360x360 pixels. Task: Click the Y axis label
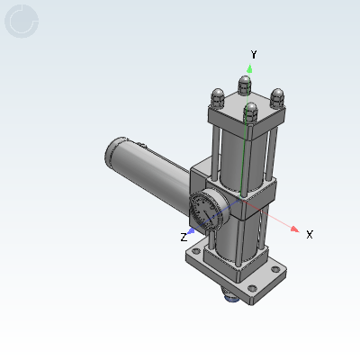[254, 55]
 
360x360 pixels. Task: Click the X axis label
[310, 234]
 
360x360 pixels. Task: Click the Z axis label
[184, 237]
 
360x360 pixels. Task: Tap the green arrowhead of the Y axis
[250, 68]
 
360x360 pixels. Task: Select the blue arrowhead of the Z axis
[191, 230]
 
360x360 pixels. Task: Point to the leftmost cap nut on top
[217, 96]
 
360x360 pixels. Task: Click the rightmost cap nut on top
[277, 95]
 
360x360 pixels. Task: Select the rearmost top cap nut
[245, 85]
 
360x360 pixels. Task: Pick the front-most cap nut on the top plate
[251, 112]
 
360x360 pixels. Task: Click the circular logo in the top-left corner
[22, 22]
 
